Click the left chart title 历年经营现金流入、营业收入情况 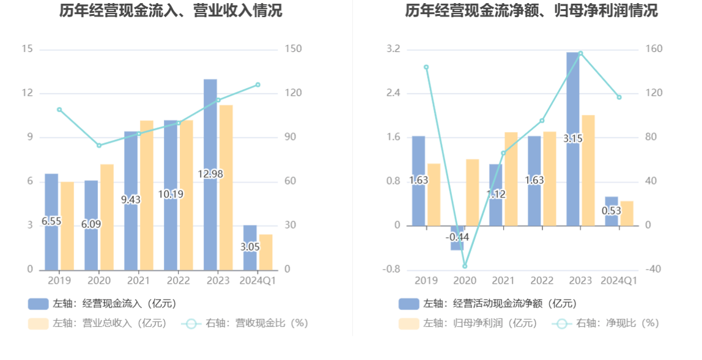171,10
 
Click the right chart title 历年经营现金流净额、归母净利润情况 531,10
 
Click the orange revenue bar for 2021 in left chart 147,195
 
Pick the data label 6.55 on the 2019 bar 51,221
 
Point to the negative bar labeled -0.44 457,238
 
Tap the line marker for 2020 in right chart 465,266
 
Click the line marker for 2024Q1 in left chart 258,84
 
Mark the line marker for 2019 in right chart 426,67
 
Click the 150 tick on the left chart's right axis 294,49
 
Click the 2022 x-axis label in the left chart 179,281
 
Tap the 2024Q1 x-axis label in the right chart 619,281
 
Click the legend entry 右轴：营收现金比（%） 245,323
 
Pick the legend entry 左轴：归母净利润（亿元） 468,323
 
